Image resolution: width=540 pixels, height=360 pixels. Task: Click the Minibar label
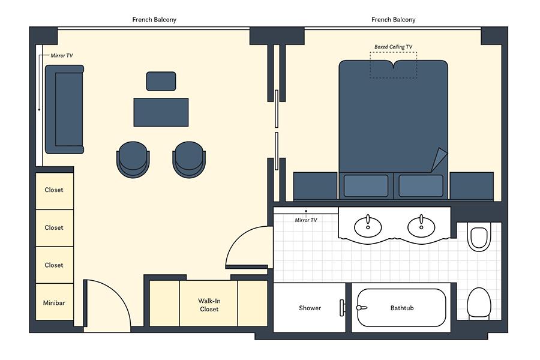tap(54, 303)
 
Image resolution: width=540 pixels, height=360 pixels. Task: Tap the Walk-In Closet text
tap(209, 305)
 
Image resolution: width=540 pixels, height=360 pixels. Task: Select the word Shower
tap(310, 308)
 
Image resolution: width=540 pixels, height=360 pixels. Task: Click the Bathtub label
tap(402, 308)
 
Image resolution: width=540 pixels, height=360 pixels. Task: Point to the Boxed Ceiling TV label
tap(393, 47)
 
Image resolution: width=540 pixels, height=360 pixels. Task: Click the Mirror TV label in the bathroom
tap(306, 220)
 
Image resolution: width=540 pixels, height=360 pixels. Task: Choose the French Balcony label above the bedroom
tap(393, 20)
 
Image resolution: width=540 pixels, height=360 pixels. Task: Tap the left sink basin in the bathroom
tap(368, 227)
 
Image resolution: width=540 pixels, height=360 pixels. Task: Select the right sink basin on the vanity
tap(421, 227)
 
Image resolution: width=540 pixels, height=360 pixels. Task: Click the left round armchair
tap(133, 159)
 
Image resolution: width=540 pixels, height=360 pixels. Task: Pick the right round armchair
tap(189, 159)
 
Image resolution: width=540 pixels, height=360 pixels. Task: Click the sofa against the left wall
tap(64, 109)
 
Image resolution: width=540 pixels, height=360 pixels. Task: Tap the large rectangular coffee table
tap(161, 112)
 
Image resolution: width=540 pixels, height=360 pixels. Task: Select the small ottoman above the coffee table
tap(161, 82)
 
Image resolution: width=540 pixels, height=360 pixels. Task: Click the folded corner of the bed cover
tap(439, 160)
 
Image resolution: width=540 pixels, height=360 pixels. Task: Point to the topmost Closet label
tap(54, 190)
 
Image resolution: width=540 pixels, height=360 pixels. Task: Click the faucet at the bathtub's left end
tap(361, 307)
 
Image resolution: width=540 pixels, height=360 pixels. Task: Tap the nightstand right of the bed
tap(472, 186)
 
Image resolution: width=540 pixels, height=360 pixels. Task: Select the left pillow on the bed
tap(366, 186)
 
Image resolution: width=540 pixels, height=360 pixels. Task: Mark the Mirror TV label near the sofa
tap(62, 55)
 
